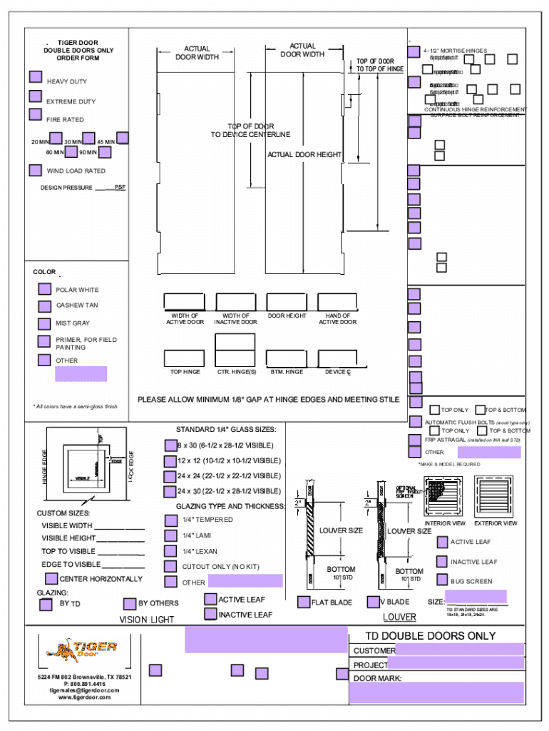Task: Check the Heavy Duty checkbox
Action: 35,77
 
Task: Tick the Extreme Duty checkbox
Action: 35,96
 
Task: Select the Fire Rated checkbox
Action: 35,114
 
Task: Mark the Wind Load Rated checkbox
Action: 35,170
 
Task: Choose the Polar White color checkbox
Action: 44,289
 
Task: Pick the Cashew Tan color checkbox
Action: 44,306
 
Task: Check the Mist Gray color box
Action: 44,323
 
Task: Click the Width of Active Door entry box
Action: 184,302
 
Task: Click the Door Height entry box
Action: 287,302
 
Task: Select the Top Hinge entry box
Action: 184,358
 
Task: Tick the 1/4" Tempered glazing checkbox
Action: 170,520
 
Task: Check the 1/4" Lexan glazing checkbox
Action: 170,551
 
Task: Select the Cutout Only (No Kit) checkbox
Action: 170,566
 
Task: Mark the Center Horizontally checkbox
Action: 51,579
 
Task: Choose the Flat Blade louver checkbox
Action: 304,603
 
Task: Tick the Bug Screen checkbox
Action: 443,580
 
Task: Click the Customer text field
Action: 460,650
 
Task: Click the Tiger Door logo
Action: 81,650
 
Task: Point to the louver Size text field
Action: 476,597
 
